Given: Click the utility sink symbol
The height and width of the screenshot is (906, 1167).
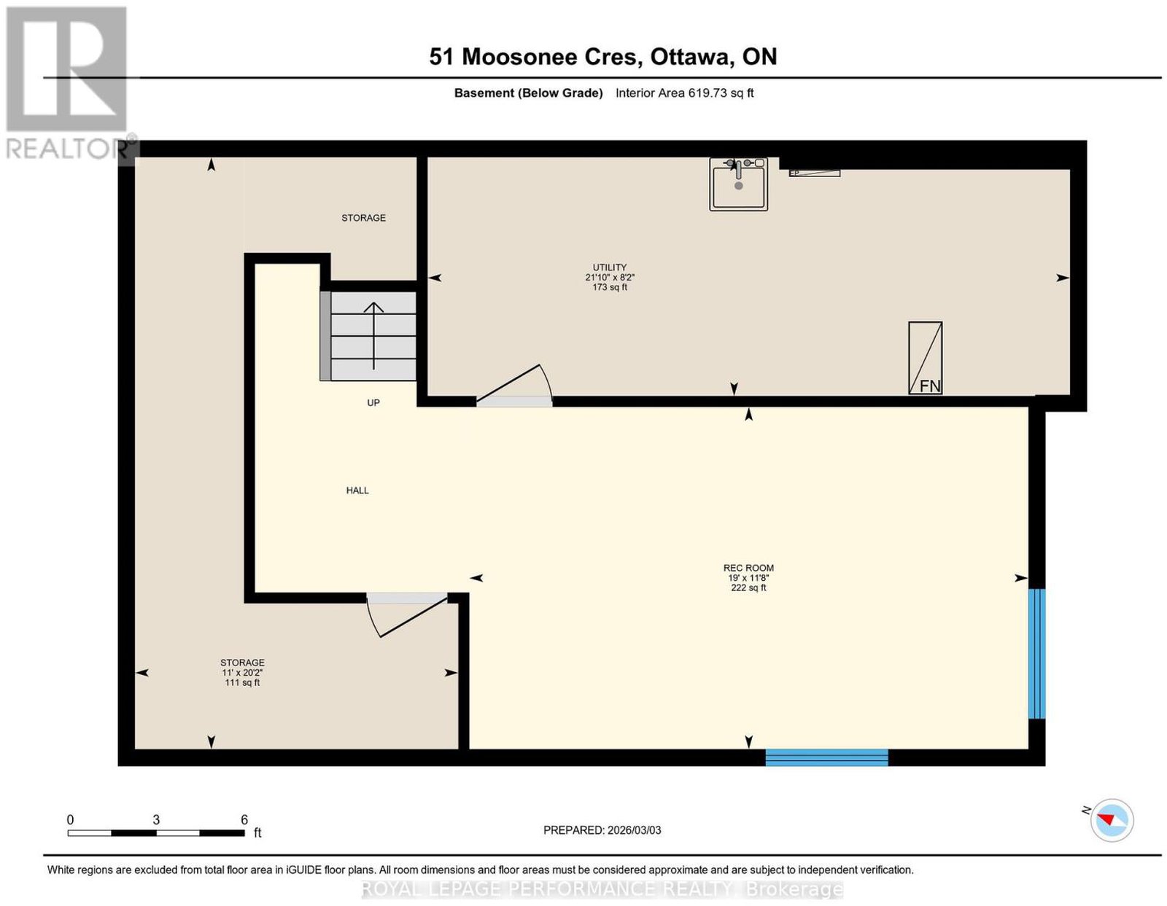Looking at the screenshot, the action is coord(738,184).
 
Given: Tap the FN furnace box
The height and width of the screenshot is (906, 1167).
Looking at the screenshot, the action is coord(925,358).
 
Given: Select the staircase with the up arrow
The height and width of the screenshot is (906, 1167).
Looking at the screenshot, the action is coord(368,336).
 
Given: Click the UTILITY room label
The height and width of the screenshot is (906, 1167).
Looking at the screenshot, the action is coord(610,267).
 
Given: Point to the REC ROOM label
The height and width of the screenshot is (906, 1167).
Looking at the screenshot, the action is coord(748,568).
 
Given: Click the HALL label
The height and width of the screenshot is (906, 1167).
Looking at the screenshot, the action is coord(357,491).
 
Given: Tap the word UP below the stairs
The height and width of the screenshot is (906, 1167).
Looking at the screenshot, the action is coord(373,403).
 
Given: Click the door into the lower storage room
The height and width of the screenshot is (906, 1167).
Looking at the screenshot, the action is coord(407,614).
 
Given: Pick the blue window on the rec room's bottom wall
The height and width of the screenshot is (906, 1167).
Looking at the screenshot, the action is coord(826,757).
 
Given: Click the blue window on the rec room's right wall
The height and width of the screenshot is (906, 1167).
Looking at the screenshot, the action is coord(1036,653).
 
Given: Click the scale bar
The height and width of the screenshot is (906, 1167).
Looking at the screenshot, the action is coord(156,833).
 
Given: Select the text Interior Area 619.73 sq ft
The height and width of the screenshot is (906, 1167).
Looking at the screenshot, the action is coord(685,93).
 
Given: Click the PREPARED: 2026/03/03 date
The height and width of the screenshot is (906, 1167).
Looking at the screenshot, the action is coord(602,830).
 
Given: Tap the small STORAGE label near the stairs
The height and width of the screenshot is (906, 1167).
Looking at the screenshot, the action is coord(363,218).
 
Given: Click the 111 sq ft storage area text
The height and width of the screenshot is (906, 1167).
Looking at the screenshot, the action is coord(242,683).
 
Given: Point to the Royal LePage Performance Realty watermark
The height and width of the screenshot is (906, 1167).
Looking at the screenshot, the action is coord(602,889).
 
